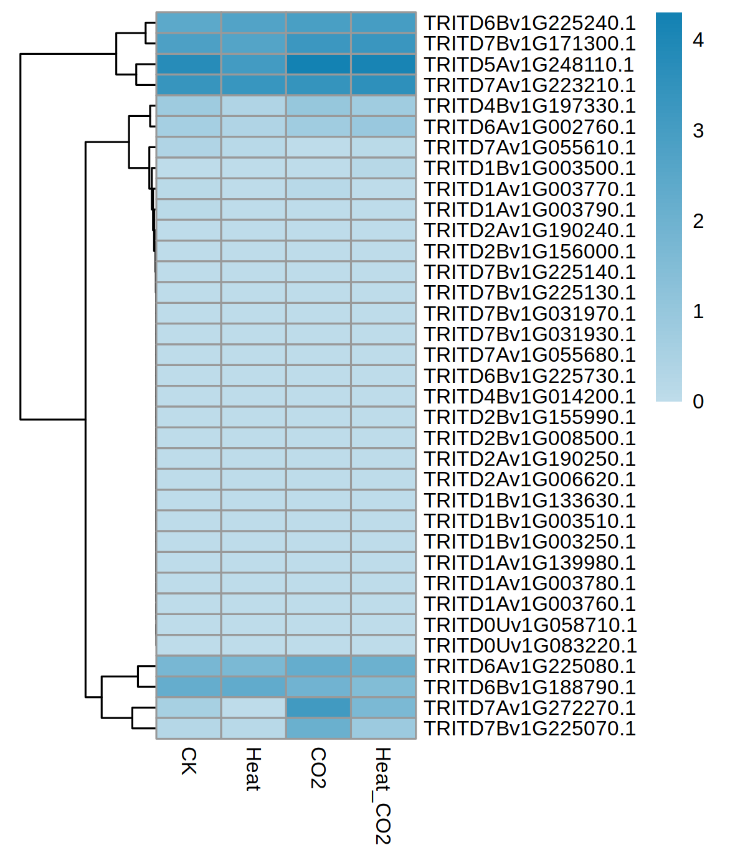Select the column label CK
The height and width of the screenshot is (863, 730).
tap(188, 761)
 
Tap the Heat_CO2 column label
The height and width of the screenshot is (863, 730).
tap(382, 796)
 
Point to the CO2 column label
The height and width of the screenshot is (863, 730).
tap(318, 768)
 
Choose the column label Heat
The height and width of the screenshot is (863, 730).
tap(253, 769)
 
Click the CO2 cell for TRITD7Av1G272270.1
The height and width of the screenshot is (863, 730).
tap(318, 708)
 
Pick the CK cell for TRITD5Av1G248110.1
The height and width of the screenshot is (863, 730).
tap(189, 65)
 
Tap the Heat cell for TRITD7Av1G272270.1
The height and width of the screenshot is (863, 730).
tap(254, 708)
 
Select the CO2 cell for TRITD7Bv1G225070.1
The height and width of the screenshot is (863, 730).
tap(318, 729)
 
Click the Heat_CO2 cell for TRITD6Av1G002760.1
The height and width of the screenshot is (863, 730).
tap(383, 127)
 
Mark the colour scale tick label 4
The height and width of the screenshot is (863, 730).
tap(698, 40)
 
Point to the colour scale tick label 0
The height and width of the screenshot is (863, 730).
tap(698, 402)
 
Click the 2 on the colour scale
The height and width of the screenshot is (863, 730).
tap(698, 221)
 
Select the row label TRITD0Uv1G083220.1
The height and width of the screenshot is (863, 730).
tap(529, 646)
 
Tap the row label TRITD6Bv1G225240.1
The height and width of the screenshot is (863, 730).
tap(529, 23)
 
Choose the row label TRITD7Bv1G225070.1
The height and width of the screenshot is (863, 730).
tap(529, 729)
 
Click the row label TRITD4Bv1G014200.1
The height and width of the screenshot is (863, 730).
tap(529, 397)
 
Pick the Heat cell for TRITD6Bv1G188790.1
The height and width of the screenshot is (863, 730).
tap(254, 687)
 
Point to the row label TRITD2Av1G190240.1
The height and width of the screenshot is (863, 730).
tap(529, 230)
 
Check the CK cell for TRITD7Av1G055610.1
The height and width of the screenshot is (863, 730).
tap(189, 148)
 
